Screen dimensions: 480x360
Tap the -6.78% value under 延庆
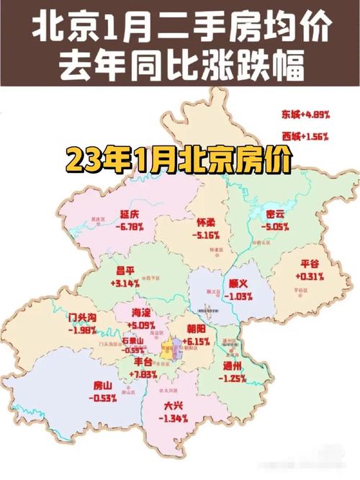(x=130, y=226)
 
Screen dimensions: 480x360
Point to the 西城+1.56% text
(x=305, y=135)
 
